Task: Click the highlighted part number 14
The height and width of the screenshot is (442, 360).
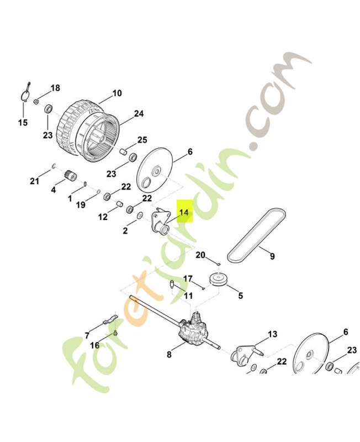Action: tap(184, 212)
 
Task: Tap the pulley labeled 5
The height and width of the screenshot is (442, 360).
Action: tap(219, 280)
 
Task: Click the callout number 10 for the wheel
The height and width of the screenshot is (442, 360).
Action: tap(117, 93)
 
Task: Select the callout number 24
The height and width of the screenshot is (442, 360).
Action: tap(139, 114)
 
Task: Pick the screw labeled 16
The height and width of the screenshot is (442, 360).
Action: tap(116, 333)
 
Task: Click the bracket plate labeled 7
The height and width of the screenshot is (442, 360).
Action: tap(109, 320)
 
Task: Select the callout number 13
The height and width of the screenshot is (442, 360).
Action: tap(272, 334)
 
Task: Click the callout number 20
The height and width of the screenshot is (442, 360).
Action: tap(200, 255)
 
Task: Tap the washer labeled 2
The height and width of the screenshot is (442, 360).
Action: tap(139, 216)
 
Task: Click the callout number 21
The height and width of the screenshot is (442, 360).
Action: tap(34, 181)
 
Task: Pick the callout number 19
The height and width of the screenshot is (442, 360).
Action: tap(81, 204)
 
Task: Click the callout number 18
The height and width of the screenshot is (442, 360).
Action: tap(56, 88)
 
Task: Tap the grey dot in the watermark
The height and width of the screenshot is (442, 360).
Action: tap(254, 145)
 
